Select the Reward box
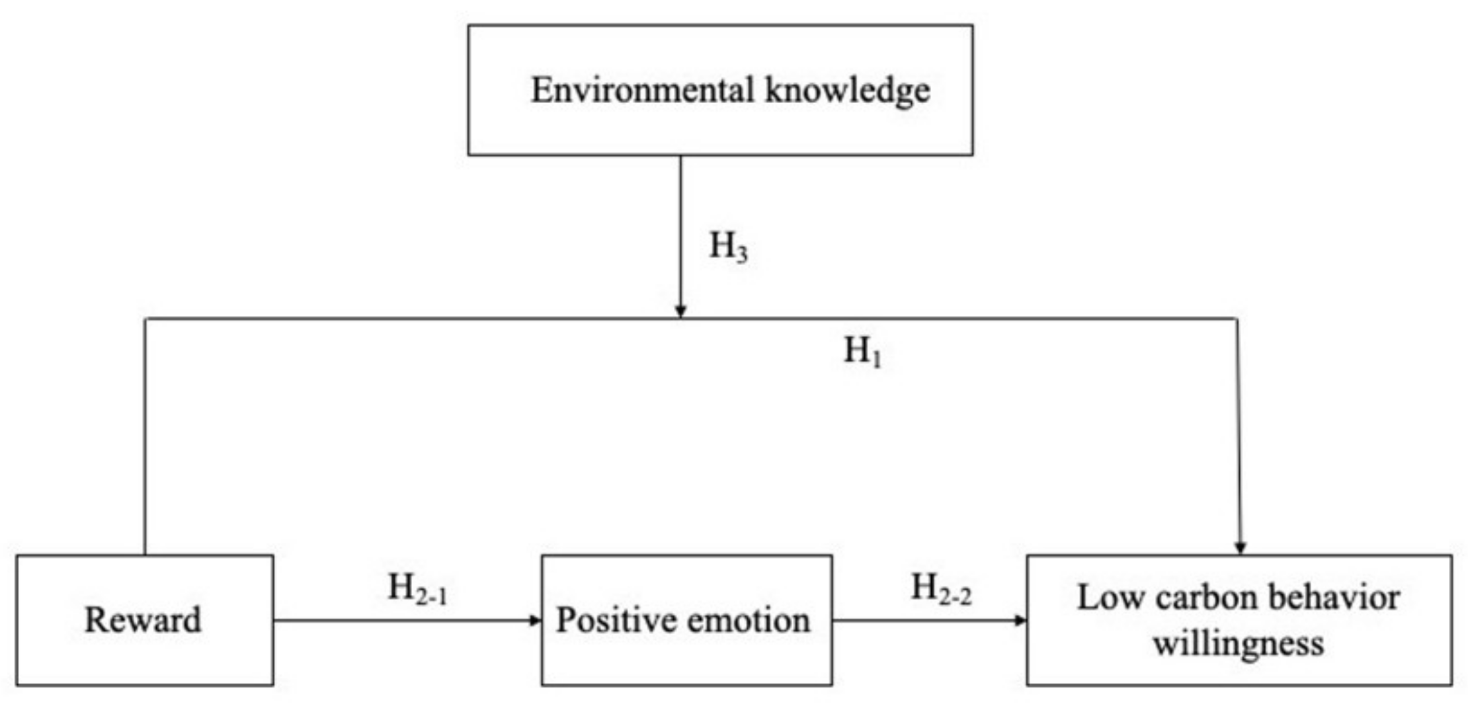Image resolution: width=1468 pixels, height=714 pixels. pyautogui.click(x=144, y=620)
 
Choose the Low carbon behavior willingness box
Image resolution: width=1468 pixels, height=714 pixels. pyautogui.click(x=1239, y=620)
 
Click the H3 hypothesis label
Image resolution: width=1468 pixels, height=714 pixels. pyautogui.click(x=728, y=247)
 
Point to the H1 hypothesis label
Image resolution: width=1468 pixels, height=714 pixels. pyautogui.click(x=862, y=352)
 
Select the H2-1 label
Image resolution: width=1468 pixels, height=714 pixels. pyautogui.click(x=417, y=588)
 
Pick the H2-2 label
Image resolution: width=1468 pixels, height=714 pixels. pyautogui.click(x=940, y=588)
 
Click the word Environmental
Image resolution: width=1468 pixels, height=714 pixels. pyautogui.click(x=642, y=91)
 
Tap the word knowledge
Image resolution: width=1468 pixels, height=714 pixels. pyautogui.click(x=847, y=91)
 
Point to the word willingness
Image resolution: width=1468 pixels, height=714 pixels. pyautogui.click(x=1239, y=643)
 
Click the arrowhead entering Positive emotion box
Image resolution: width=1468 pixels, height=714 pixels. pyautogui.click(x=536, y=620)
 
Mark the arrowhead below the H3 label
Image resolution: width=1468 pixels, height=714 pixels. pyautogui.click(x=680, y=311)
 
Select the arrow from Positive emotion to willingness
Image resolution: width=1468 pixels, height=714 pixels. pyautogui.click(x=929, y=620)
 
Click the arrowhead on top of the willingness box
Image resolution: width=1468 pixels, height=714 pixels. pyautogui.click(x=1241, y=547)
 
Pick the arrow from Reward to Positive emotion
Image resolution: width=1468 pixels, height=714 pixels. pyautogui.click(x=407, y=620)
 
